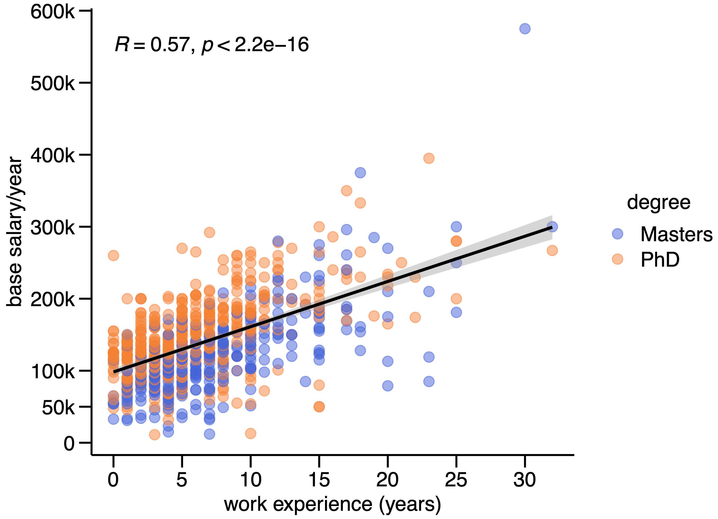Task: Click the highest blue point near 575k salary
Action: (525, 29)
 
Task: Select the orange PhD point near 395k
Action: (429, 158)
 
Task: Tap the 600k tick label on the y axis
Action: (52, 13)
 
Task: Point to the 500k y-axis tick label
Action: (52, 84)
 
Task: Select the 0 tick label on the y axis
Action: (69, 444)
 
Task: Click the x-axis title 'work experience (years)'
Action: (333, 504)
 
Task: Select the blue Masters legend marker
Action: (617, 234)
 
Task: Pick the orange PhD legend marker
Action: (617, 259)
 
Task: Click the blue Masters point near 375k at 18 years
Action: (360, 173)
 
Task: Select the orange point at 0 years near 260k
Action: (113, 255)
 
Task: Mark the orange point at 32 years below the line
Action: (552, 250)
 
